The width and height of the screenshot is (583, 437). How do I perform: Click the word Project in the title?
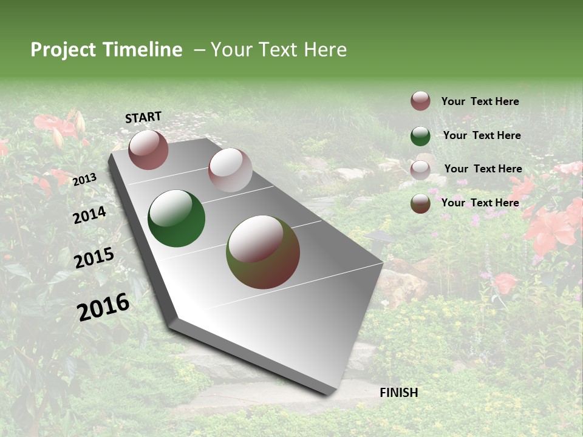click(64, 50)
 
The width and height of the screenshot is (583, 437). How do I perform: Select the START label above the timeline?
click(143, 117)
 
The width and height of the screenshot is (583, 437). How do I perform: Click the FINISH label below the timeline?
click(399, 393)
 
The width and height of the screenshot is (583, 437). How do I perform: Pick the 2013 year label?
click(84, 179)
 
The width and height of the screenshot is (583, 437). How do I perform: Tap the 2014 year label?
click(90, 215)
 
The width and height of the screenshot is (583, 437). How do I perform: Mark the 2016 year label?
click(103, 307)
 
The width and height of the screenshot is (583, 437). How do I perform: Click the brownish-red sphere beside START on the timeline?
click(148, 149)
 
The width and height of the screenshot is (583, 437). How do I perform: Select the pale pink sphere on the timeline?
click(230, 170)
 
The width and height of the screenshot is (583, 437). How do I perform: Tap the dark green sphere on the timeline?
click(177, 218)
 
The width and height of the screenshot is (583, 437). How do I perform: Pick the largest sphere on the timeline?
click(263, 252)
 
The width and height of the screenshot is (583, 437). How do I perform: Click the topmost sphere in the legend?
click(420, 101)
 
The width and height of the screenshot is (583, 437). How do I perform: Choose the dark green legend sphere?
click(420, 136)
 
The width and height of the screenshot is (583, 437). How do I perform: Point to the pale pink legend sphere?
click(420, 170)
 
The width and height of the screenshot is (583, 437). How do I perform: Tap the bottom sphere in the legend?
click(420, 203)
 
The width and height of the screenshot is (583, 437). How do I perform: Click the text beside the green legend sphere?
click(482, 135)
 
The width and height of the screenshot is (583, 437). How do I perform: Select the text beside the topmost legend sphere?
click(480, 101)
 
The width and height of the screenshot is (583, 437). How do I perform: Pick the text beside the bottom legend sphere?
click(480, 203)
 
